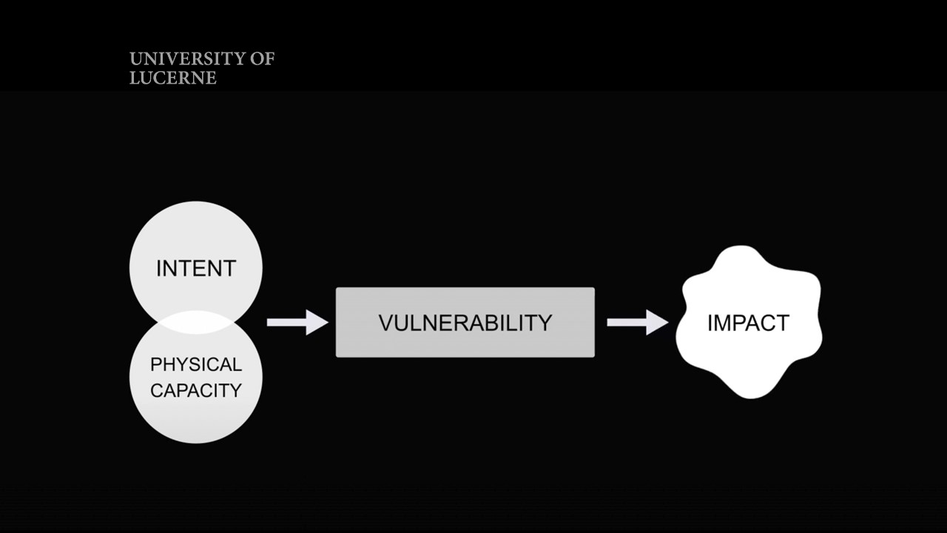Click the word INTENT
tap(196, 268)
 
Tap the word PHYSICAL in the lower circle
tap(196, 365)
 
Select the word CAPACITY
tap(196, 390)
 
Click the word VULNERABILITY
tap(465, 323)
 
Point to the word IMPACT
tap(748, 323)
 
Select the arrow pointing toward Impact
tap(637, 322)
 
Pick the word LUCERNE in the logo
tap(173, 78)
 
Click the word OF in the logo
tap(262, 59)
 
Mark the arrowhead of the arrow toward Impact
tap(657, 322)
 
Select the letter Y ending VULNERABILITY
tap(545, 323)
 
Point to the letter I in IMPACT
tap(710, 323)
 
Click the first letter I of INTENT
tap(158, 268)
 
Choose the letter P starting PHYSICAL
tap(155, 365)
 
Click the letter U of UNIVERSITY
tap(135, 59)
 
